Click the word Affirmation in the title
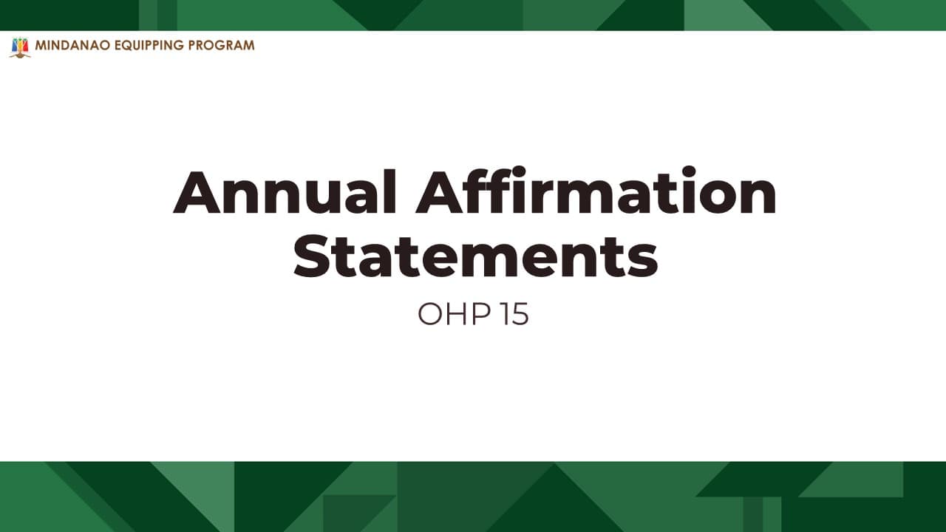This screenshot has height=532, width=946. click(x=596, y=190)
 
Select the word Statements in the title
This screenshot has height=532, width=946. click(x=475, y=256)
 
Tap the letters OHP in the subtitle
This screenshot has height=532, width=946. click(x=455, y=313)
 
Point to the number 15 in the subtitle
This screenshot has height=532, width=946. click(x=515, y=313)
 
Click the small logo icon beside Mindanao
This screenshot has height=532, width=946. click(x=20, y=47)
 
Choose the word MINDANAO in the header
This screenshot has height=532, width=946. click(x=73, y=45)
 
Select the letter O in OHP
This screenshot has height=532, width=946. click(x=430, y=314)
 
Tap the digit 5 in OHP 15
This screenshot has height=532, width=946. click(x=520, y=314)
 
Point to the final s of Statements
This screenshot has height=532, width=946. click(x=643, y=261)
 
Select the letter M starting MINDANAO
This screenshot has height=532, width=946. click(x=40, y=45)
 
